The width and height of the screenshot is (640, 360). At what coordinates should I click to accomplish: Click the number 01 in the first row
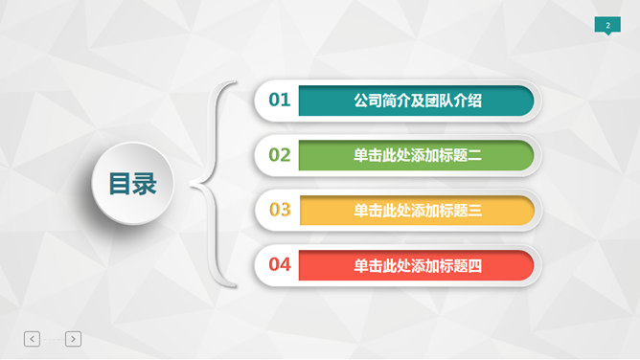(280, 100)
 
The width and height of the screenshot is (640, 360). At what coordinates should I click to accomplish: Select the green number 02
(280, 155)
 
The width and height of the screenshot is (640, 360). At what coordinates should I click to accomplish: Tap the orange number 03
(280, 211)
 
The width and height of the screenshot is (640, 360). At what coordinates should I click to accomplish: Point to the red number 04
(280, 265)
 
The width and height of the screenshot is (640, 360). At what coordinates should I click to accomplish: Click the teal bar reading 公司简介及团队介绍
(416, 100)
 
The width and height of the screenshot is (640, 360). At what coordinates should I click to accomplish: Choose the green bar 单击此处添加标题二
(416, 155)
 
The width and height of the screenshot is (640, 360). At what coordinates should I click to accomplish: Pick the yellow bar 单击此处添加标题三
(416, 211)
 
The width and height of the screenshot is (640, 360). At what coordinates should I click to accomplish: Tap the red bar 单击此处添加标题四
(416, 265)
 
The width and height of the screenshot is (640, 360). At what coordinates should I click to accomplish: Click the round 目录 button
(132, 183)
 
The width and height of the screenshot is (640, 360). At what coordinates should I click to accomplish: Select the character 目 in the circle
(120, 183)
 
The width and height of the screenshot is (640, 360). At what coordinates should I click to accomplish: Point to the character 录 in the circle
(145, 183)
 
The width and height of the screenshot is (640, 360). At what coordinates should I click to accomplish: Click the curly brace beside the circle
(213, 183)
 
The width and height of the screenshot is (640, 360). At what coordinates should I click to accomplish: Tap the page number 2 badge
(607, 25)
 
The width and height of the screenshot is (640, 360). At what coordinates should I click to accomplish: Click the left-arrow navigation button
(33, 338)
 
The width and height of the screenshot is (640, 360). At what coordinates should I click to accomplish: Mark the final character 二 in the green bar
(474, 155)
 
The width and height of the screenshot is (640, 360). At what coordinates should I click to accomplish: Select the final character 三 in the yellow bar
(474, 211)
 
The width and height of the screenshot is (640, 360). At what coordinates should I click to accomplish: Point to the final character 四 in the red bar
(474, 265)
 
